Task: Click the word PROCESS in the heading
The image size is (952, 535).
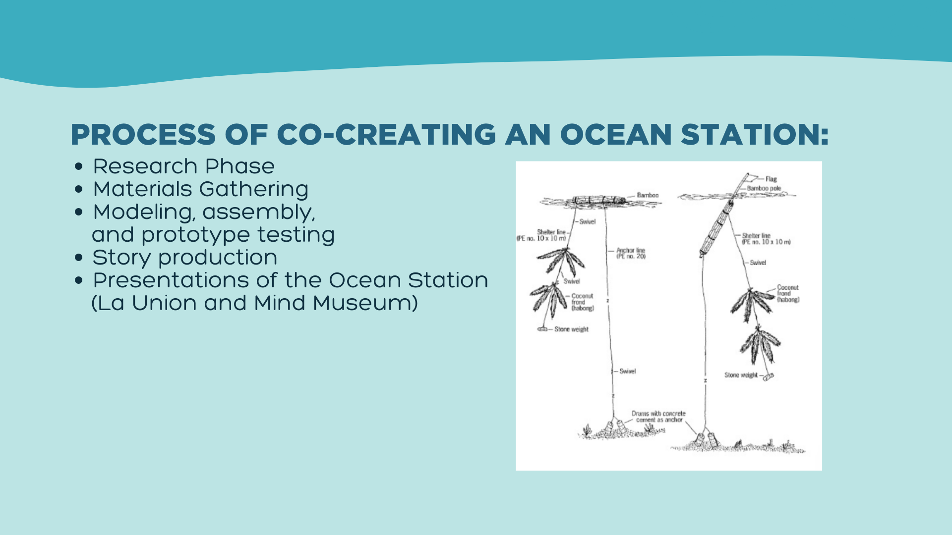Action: point(143,134)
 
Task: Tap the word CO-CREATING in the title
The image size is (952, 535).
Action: point(386,134)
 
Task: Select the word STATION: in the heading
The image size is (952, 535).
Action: point(755,134)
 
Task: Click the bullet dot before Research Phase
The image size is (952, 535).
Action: point(78,167)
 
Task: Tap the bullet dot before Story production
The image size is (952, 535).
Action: point(78,258)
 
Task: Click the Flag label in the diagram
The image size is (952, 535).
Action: point(771,179)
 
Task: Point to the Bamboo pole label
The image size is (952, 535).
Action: point(764,188)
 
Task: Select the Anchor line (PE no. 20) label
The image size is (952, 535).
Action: point(631,253)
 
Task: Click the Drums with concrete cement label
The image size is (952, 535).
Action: point(659,417)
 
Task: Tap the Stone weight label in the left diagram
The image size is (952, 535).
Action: point(571,329)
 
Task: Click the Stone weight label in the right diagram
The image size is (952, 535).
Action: point(741,375)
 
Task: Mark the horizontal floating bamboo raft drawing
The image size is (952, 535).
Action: point(599,201)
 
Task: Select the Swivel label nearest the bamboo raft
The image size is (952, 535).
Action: point(588,221)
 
